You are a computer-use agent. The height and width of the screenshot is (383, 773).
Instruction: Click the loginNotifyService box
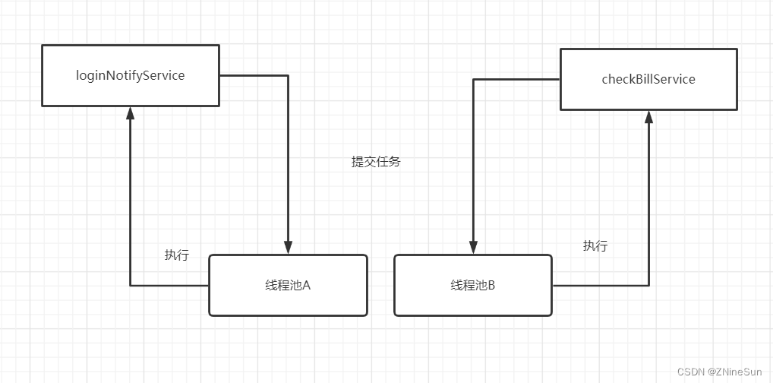(130, 75)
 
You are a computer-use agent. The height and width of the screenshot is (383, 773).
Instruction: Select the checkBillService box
(648, 79)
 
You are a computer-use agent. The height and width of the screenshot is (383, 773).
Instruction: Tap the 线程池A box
(288, 285)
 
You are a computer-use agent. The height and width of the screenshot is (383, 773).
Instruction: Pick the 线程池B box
(473, 285)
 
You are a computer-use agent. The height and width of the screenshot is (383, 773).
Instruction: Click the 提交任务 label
(375, 162)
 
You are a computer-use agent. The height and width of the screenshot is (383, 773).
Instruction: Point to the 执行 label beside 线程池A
(176, 255)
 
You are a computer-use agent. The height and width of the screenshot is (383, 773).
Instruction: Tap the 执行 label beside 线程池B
(595, 246)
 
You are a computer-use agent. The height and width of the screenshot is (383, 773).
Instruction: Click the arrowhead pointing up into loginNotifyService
(130, 112)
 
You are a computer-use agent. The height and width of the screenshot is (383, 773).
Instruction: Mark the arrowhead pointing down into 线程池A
(288, 248)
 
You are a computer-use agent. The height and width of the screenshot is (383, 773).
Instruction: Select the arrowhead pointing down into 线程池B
(473, 248)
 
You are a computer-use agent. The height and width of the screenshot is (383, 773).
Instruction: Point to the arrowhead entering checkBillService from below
(648, 116)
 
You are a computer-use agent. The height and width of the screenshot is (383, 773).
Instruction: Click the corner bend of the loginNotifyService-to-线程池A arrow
(288, 75)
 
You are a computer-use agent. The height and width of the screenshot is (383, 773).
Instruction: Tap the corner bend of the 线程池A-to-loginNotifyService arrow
(130, 286)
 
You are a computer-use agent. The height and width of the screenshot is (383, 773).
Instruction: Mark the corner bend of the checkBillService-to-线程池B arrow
(473, 79)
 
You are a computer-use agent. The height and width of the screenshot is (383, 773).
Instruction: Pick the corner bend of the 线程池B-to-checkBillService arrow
(648, 286)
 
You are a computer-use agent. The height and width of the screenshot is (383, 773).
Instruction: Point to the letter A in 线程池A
(307, 286)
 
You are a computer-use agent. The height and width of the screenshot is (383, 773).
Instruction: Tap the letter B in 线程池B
(491, 286)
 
